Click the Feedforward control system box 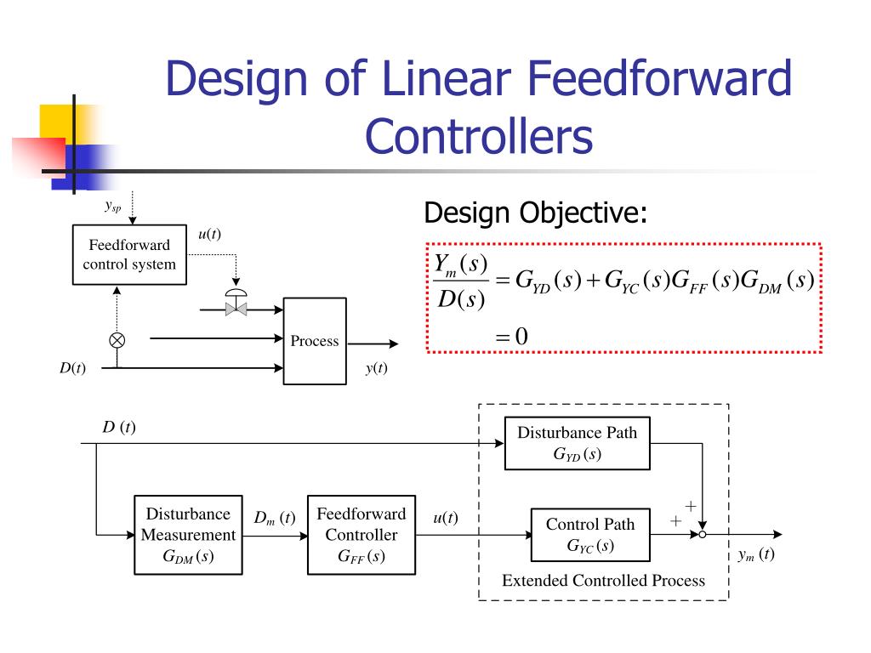[x=129, y=254]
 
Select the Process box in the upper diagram [x=314, y=341]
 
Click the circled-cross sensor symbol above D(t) [x=117, y=340]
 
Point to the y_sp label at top [x=113, y=206]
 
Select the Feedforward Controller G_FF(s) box [x=361, y=535]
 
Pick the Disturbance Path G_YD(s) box [x=577, y=443]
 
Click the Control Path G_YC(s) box [x=590, y=535]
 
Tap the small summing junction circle [x=703, y=535]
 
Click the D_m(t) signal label [x=274, y=518]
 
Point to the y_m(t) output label [x=755, y=555]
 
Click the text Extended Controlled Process [x=603, y=581]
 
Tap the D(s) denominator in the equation [x=461, y=299]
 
